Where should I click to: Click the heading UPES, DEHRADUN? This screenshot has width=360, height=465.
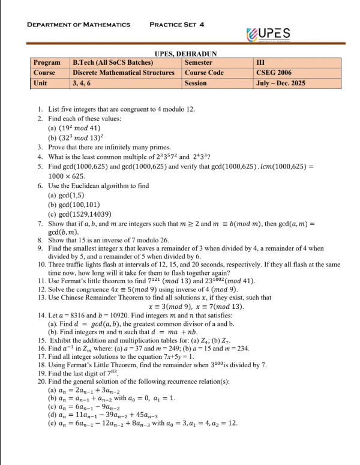(x=185, y=54)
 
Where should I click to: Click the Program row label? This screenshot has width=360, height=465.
(x=47, y=62)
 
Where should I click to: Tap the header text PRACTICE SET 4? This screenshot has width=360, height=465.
(x=177, y=25)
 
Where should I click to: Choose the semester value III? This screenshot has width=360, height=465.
(x=260, y=62)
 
